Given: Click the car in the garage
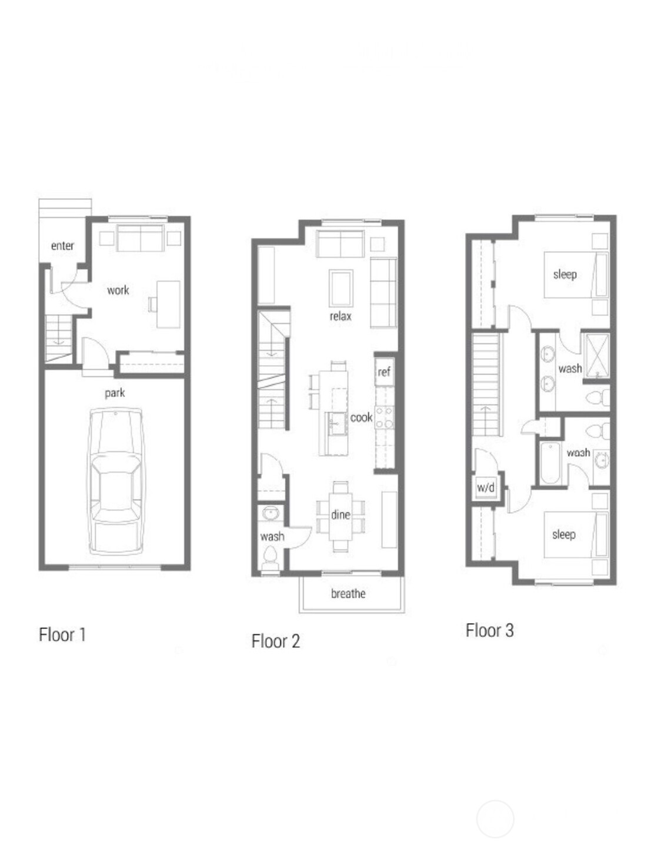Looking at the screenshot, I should point(115,480).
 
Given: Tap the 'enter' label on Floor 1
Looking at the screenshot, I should point(62,246).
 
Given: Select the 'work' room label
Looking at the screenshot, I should point(118,290).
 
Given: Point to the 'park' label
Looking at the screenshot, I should point(115,393).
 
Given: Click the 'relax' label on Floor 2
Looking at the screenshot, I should point(341,316).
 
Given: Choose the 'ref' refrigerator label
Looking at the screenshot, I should point(384,372).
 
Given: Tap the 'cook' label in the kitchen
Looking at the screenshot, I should point(361,417).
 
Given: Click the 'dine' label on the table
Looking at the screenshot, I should point(341,515).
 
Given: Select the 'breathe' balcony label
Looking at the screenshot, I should point(348,594).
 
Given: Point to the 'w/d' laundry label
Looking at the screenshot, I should point(486,487).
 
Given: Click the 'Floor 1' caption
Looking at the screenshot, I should point(62,635).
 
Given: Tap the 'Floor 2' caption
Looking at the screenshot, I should point(275,641).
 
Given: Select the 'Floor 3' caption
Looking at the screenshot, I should point(489,630).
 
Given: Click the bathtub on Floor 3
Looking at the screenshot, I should point(551,463).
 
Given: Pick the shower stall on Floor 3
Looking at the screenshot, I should point(596,356).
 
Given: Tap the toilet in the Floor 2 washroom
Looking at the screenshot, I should point(270,556).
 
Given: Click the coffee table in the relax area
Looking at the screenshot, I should point(341,288).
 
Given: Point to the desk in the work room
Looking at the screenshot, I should point(168,304).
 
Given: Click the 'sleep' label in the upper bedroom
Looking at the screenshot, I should point(565,275).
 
